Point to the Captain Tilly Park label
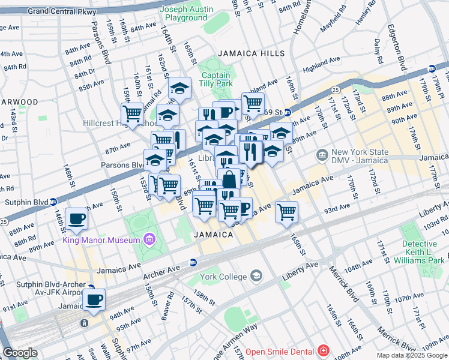[x=215, y=80]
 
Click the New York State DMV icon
[x=322, y=156]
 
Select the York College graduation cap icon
[x=256, y=276]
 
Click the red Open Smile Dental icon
[x=324, y=350]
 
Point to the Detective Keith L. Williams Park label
[x=420, y=252]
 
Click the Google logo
[x=20, y=353]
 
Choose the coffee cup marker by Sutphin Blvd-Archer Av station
[x=94, y=299]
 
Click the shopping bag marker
[x=229, y=179]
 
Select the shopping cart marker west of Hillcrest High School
[x=132, y=113]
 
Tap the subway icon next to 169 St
[x=288, y=112]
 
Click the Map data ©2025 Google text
[x=411, y=355]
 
